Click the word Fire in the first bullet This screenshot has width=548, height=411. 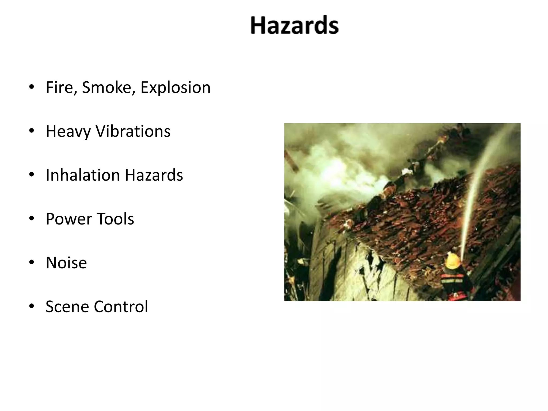[61, 87]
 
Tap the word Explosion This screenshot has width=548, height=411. [175, 87]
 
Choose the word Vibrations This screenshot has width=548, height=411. [133, 131]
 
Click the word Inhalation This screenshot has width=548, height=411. [83, 175]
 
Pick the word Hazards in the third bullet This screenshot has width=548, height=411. [154, 175]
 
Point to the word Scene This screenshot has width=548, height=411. [67, 307]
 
